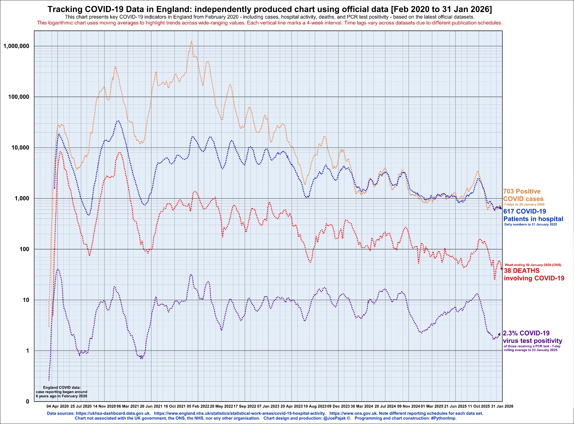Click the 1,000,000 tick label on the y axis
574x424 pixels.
tap(16, 46)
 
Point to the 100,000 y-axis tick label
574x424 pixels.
tap(19, 97)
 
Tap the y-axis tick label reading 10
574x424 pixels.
tap(26, 300)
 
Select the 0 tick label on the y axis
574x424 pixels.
tap(28, 402)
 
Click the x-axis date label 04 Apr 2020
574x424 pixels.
tap(58, 406)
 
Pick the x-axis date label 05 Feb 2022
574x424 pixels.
tap(198, 406)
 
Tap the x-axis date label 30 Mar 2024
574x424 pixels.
tap(362, 406)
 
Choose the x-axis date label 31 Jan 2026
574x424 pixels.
tap(502, 406)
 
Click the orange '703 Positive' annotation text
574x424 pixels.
tap(521, 191)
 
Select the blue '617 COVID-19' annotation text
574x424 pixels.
tap(525, 211)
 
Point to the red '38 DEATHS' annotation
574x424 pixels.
tap(521, 270)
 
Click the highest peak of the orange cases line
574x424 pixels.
tap(191, 41)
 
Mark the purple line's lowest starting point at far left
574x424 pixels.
tap(49, 380)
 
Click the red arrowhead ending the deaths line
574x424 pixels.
tap(501, 269)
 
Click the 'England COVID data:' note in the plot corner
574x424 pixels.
tap(62, 387)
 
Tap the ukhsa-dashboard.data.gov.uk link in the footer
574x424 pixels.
tap(113, 413)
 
